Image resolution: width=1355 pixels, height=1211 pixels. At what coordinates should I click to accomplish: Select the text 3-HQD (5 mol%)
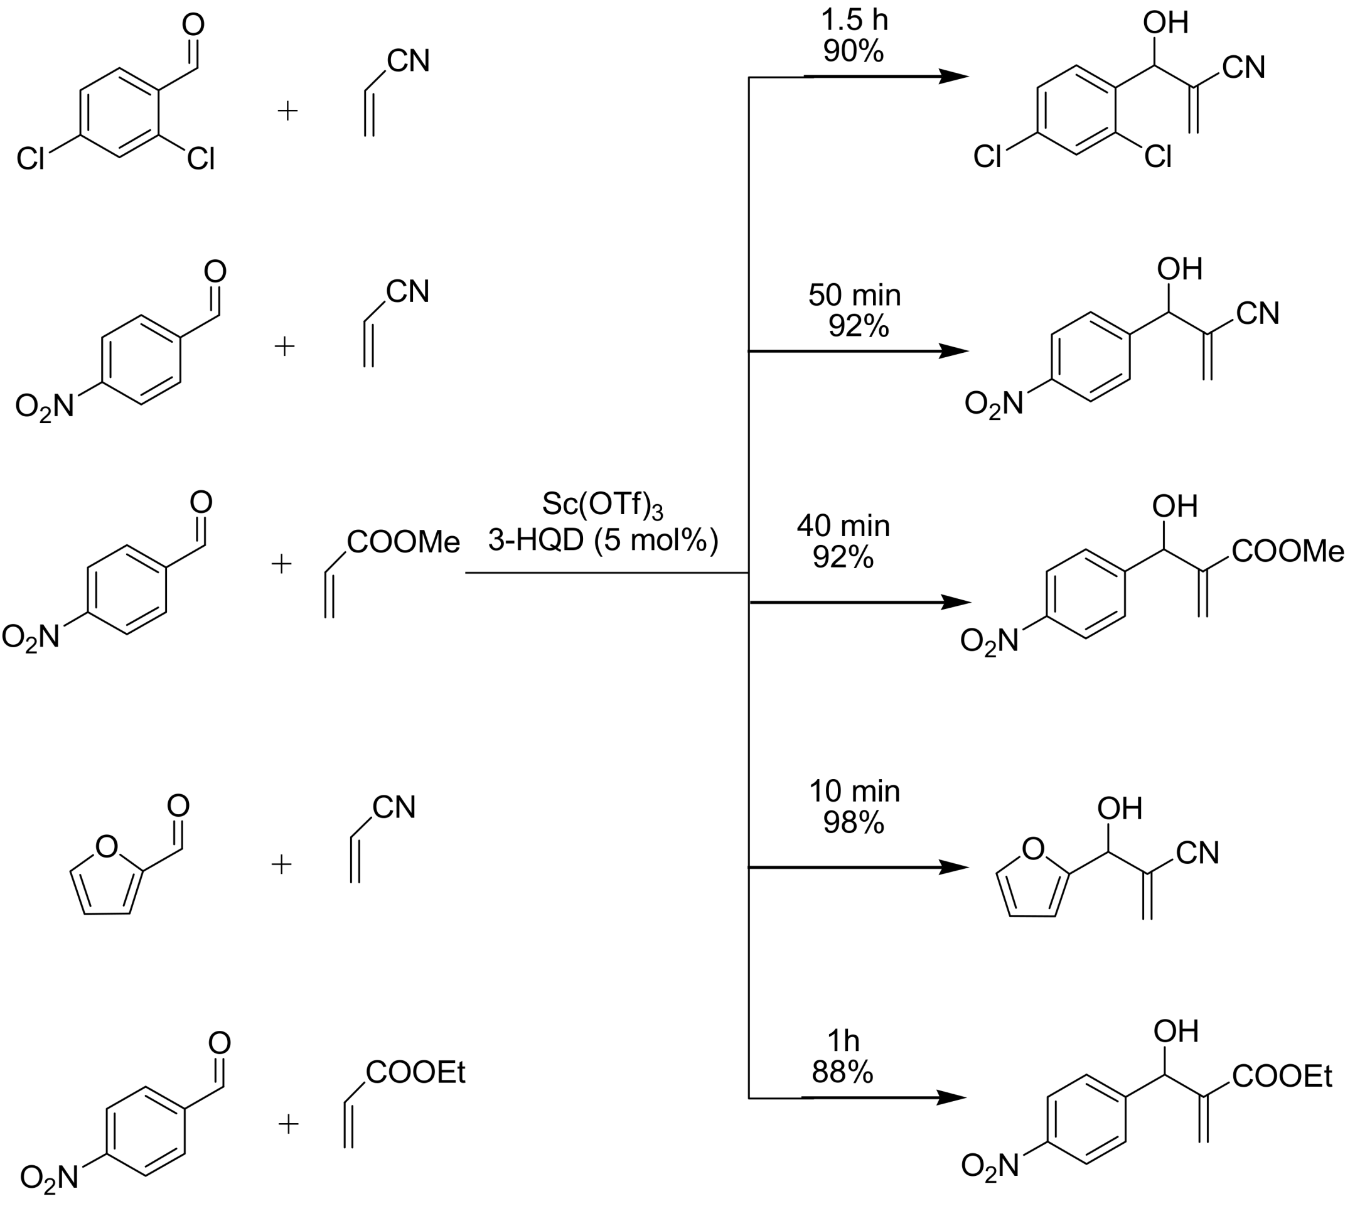pyautogui.click(x=603, y=541)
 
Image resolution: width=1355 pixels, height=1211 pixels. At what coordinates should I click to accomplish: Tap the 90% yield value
pyautogui.click(x=854, y=51)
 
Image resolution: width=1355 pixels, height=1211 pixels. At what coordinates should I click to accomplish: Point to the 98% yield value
pyautogui.click(x=854, y=823)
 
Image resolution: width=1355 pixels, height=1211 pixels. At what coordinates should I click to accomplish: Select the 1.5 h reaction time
pyautogui.click(x=854, y=20)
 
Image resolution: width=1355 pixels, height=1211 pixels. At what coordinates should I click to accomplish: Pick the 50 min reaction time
pyautogui.click(x=854, y=295)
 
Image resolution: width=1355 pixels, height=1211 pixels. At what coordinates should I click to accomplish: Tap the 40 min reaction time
pyautogui.click(x=843, y=526)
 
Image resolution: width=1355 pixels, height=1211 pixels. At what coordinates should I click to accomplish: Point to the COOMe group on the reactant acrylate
pyautogui.click(x=403, y=543)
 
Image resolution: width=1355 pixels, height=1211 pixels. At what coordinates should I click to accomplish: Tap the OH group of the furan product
pyautogui.click(x=1120, y=809)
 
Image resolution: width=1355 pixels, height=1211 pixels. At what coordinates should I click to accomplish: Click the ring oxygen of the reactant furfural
pyautogui.click(x=107, y=847)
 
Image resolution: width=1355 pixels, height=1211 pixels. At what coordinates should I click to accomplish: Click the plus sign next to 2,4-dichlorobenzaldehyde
pyautogui.click(x=287, y=110)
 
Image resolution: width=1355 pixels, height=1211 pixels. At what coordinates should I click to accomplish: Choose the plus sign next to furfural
pyautogui.click(x=282, y=865)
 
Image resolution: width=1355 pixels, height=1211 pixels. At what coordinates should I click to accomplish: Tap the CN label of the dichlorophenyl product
pyautogui.click(x=1243, y=67)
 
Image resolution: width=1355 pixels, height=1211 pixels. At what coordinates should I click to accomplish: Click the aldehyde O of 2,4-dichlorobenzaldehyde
pyautogui.click(x=193, y=24)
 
